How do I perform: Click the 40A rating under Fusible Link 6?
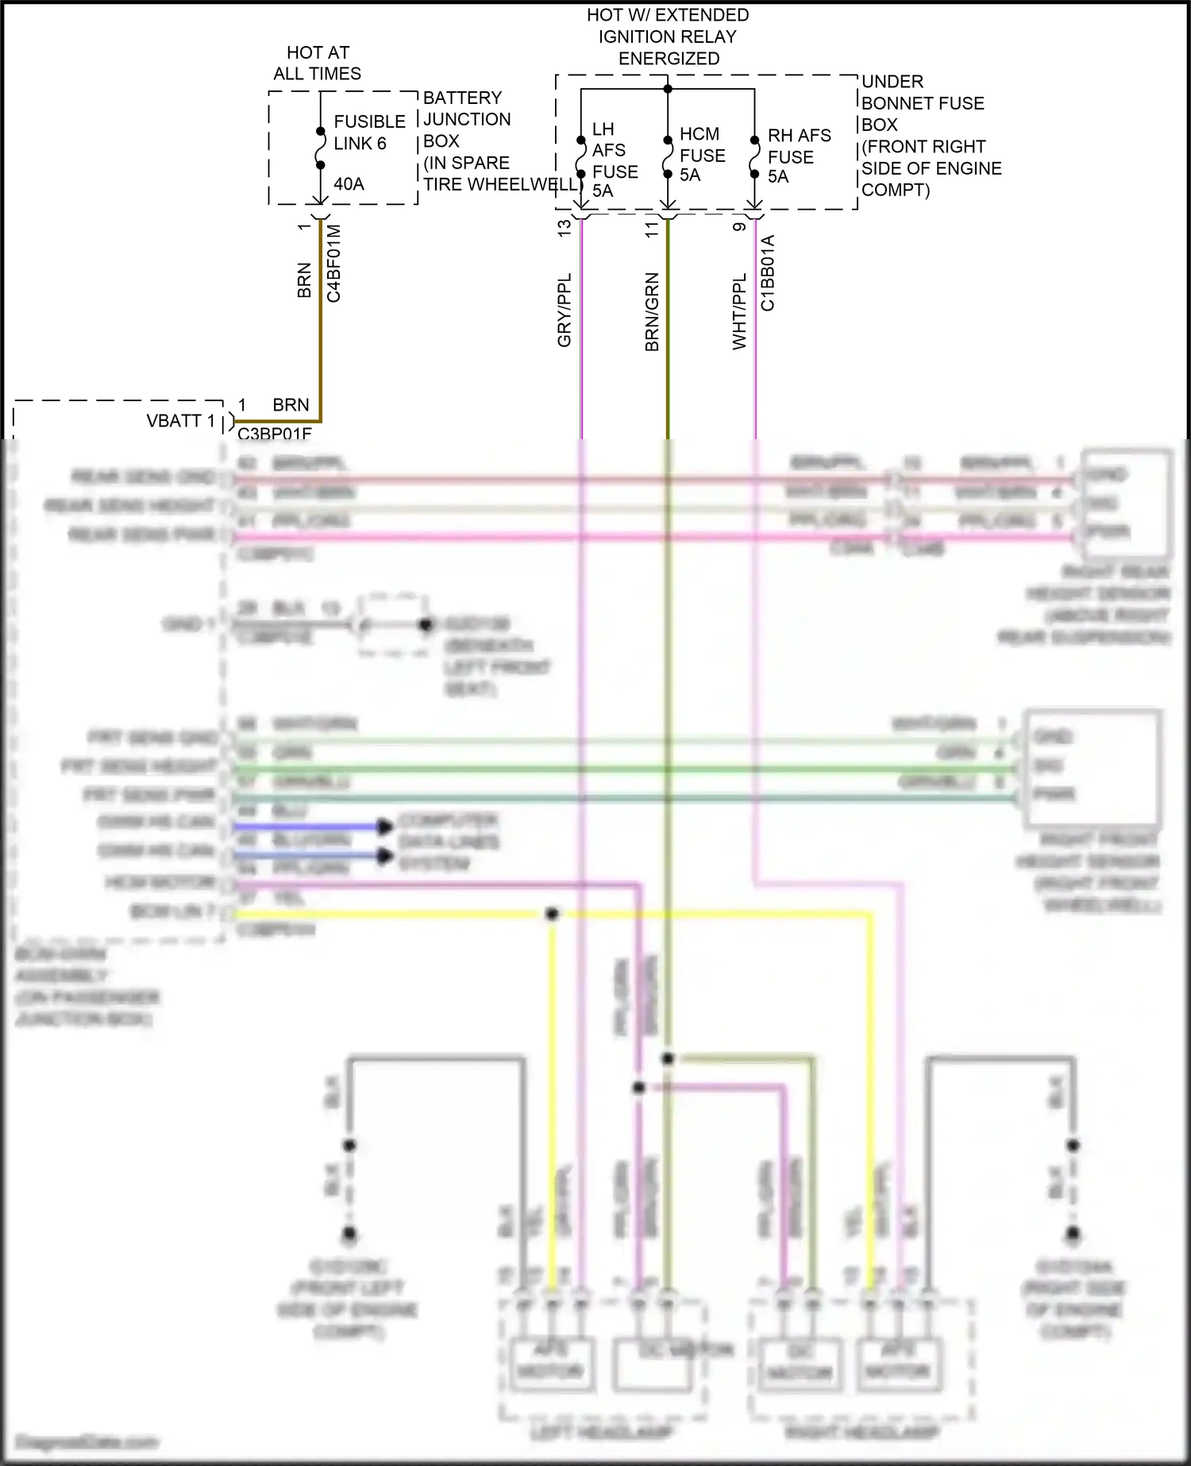point(349,184)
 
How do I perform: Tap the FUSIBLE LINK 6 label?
point(369,133)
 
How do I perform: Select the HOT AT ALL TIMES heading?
point(318,64)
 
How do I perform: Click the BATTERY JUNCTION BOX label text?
point(467,119)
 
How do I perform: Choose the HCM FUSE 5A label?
point(702,155)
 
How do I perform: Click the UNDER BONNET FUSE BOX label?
point(922,103)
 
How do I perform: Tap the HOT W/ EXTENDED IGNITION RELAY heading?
point(668,37)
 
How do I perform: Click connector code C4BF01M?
point(334,264)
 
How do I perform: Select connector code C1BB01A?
point(768,273)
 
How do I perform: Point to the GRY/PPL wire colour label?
point(565,311)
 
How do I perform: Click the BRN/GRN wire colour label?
point(652,312)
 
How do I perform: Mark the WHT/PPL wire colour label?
point(739,311)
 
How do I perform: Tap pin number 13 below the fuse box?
point(565,228)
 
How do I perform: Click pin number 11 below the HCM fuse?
point(652,229)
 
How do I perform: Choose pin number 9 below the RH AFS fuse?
point(739,227)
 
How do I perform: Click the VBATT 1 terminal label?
point(180,421)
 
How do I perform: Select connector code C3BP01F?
point(275,434)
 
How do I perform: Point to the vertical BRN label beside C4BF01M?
point(304,280)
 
